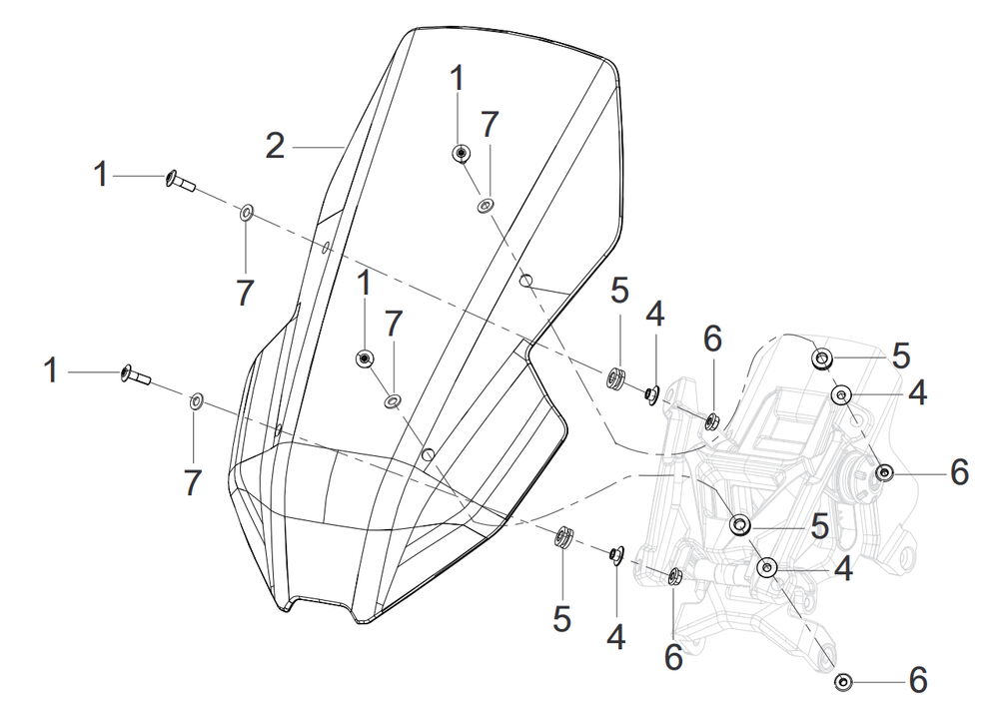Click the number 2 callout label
(275, 147)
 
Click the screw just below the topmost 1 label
(461, 153)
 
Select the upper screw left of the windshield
(178, 181)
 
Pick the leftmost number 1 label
(52, 371)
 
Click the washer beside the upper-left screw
(246, 213)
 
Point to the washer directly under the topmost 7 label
(486, 206)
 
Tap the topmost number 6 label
(711, 339)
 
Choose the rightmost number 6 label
(958, 472)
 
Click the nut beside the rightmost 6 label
(884, 471)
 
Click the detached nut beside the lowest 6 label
(842, 682)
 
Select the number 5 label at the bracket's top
(901, 355)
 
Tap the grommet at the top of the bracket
(822, 358)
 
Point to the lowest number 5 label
(561, 619)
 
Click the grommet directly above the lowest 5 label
(563, 538)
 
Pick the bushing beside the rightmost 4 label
(841, 395)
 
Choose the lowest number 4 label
(616, 636)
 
